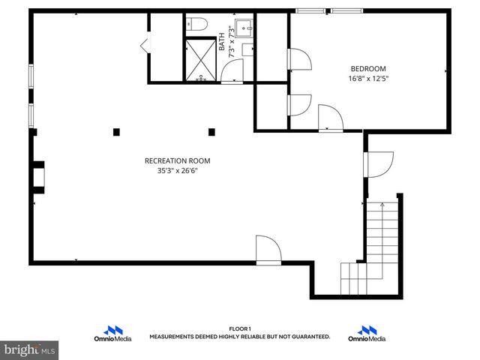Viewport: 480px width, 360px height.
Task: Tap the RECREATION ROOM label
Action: (x=177, y=160)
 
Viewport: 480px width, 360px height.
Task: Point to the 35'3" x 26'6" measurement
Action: (x=177, y=171)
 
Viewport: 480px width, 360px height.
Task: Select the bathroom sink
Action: (x=244, y=28)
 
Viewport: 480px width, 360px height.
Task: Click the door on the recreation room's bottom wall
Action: (x=268, y=250)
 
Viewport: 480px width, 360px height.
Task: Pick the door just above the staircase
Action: (x=379, y=164)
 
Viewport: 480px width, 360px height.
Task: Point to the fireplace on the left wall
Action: (x=37, y=175)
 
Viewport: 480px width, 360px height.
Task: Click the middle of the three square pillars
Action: (x=163, y=132)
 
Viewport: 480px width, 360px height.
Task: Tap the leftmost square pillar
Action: (x=116, y=132)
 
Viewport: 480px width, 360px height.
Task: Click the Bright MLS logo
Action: (x=30, y=349)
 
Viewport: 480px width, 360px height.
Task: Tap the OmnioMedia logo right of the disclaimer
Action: (x=367, y=334)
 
